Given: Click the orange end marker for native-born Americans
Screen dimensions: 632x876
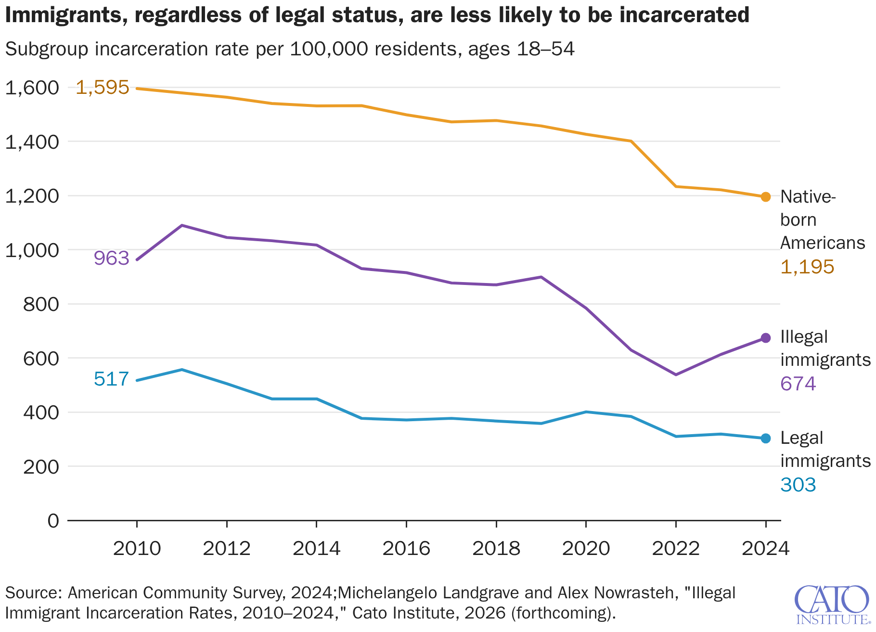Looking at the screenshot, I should pos(765,196).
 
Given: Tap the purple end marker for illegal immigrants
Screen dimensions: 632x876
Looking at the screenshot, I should pos(765,338).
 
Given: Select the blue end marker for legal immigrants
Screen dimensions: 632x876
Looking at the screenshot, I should pos(765,438).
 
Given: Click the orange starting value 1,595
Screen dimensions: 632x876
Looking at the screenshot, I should pos(103,88).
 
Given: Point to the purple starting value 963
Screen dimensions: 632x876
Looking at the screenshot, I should pos(111,258).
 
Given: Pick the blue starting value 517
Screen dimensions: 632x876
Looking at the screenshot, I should pos(111,379).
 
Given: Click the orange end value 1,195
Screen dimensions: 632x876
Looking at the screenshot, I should pos(807,267).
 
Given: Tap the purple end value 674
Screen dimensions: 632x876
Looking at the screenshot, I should pos(798,384).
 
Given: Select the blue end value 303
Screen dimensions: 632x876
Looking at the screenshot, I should pos(798,485).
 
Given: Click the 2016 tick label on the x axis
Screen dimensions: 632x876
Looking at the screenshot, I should pos(406,548).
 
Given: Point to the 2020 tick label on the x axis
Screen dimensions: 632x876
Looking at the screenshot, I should pos(586,548).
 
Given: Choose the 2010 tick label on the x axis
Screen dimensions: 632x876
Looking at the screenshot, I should pos(137,548).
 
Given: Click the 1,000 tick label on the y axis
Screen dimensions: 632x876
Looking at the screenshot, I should pos(32,250).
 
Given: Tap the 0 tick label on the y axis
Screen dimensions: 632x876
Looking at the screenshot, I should pos(53,521).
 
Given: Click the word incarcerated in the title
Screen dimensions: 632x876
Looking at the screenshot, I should pos(684,15).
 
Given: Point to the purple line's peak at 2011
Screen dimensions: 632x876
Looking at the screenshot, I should pos(182,225).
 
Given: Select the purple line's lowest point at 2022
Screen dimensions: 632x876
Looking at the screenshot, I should pos(676,374).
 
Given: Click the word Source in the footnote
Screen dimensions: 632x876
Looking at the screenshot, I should pos(33,593).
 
